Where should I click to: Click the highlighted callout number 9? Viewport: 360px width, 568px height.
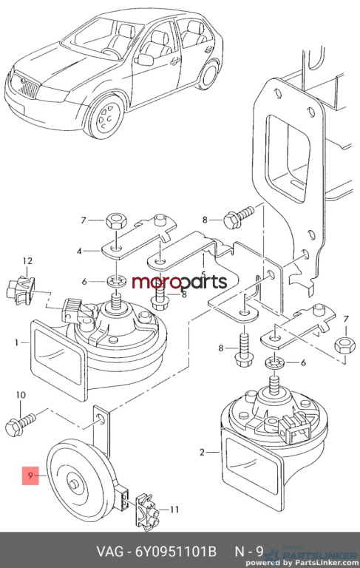tap(31, 476)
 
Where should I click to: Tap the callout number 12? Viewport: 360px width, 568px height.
tap(27, 260)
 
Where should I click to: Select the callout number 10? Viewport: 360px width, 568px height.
tap(21, 394)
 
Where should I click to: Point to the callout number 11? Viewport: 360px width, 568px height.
tap(174, 510)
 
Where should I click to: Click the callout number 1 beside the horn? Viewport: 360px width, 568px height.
tap(17, 342)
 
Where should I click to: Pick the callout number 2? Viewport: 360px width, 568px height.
tap(202, 452)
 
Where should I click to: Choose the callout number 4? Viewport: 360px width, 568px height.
tap(79, 250)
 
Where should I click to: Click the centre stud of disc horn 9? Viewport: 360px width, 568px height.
tap(75, 483)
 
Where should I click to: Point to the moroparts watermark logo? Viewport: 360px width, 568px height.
tap(179, 283)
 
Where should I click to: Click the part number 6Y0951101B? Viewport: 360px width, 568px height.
tap(176, 551)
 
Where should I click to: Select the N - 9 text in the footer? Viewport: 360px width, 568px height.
tap(250, 551)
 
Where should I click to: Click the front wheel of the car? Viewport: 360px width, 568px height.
tap(106, 116)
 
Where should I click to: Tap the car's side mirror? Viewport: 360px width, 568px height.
tap(145, 59)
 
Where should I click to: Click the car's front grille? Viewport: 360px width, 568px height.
tap(30, 87)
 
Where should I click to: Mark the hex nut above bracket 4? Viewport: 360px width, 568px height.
tap(115, 220)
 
